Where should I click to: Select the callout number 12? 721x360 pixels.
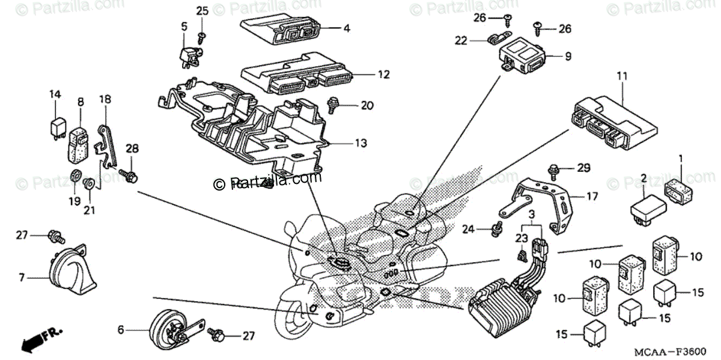(x=384, y=75)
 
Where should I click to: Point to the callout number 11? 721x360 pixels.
(x=621, y=76)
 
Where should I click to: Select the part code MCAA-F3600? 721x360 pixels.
(x=676, y=349)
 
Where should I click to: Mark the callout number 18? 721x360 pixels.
(x=105, y=100)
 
